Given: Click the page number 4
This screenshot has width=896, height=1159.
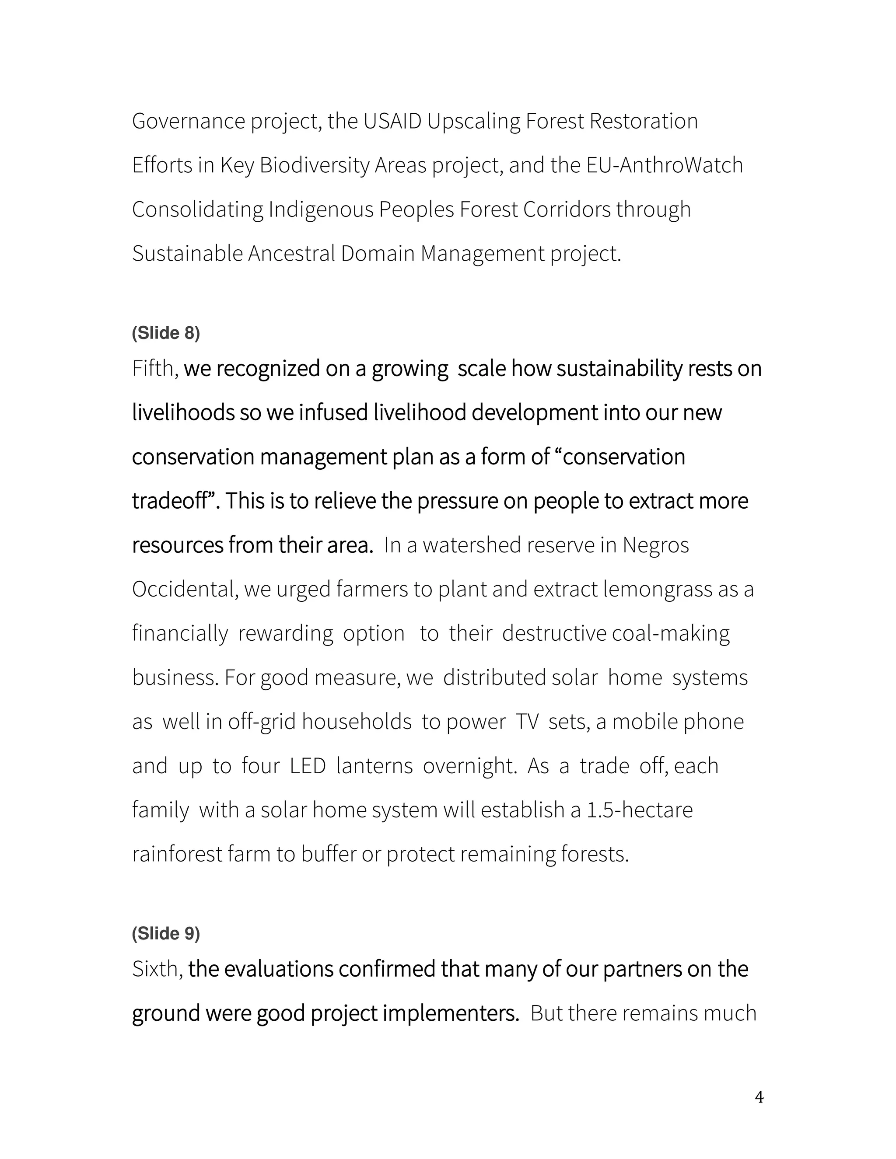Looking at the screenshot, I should [759, 1097].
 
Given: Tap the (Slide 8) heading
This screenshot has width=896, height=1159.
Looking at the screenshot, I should [166, 333].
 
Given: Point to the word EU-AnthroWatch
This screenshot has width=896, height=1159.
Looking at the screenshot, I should [665, 166].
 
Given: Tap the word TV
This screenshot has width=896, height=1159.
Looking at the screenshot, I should [527, 722].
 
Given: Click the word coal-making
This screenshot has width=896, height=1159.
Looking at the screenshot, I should [670, 634].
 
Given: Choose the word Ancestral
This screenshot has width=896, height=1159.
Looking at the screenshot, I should [291, 254].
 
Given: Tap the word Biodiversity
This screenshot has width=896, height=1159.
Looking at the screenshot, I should [314, 166].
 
